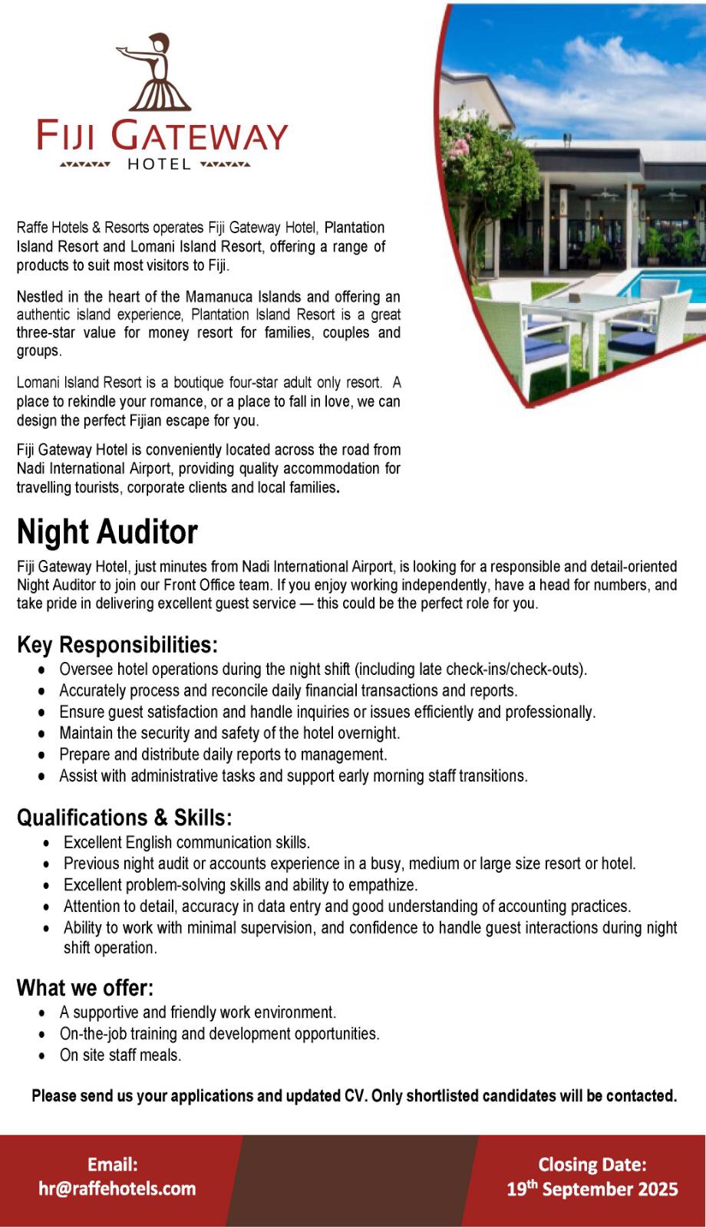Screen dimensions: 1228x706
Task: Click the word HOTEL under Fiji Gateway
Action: tap(159, 164)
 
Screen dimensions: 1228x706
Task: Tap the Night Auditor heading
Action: tap(107, 532)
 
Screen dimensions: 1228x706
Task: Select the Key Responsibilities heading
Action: tap(117, 644)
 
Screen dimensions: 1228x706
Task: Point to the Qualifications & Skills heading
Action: tap(124, 818)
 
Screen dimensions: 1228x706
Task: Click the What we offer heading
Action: tap(85, 987)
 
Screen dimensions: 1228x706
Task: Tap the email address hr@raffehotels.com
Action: tap(117, 1188)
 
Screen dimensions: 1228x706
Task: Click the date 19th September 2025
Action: tap(592, 1189)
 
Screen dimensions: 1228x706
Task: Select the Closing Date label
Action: tap(592, 1164)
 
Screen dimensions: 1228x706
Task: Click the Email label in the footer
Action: tap(113, 1164)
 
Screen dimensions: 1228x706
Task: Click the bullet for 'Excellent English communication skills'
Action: tap(47, 843)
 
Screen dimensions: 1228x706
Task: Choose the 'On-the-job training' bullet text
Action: tap(219, 1034)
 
